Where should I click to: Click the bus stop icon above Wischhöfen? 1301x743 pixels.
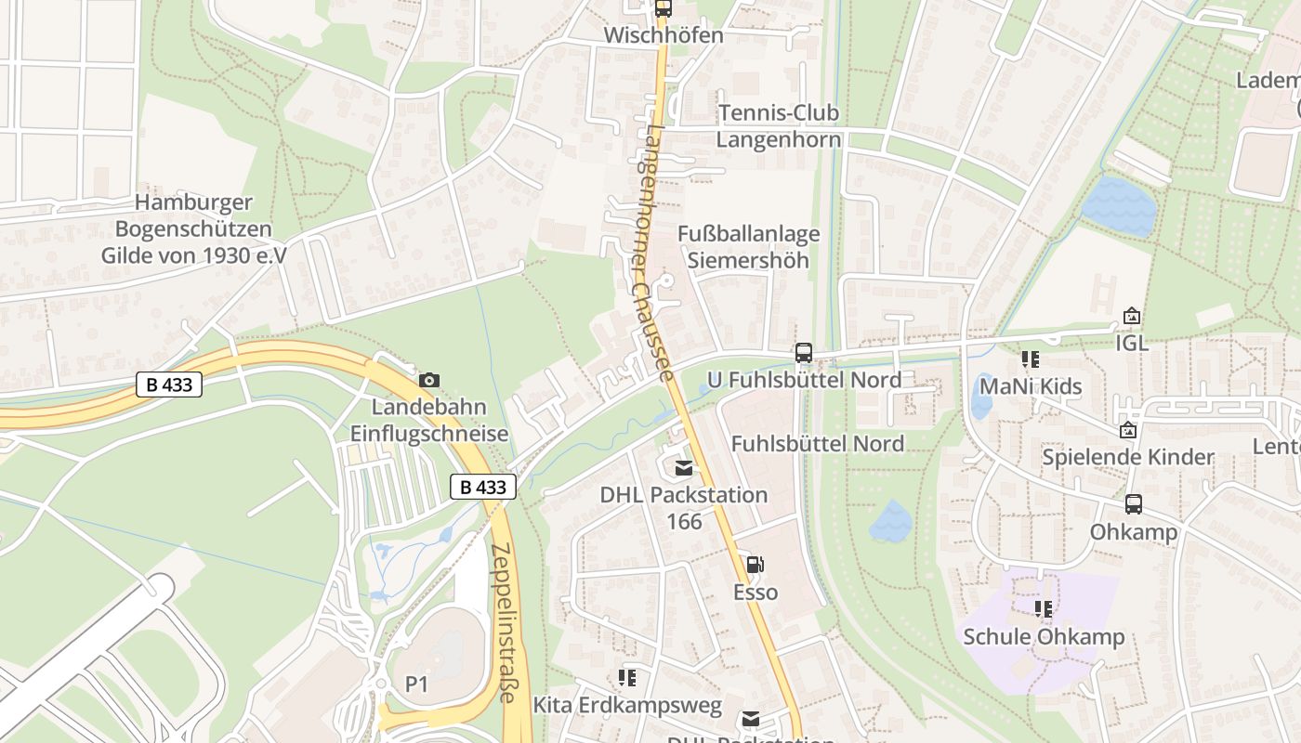coord(663,8)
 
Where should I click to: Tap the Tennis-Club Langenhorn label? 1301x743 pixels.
coord(778,126)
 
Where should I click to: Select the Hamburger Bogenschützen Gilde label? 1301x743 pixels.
coord(194,228)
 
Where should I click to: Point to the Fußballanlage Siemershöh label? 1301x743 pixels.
coord(748,246)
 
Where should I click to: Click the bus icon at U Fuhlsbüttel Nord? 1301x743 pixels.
coord(804,353)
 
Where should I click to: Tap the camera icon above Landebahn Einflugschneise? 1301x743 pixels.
coord(428,380)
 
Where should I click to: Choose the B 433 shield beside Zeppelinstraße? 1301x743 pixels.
coord(483,487)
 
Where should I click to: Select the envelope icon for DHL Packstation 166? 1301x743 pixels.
coord(684,468)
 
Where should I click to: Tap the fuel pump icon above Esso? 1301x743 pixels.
coord(756,565)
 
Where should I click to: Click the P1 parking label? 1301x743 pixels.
coord(416,684)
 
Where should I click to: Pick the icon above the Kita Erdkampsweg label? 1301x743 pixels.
coord(627,679)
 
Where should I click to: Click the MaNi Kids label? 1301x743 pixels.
coord(1031,385)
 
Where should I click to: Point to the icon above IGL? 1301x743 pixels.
coord(1131,316)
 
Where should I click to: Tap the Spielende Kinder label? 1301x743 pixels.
coord(1127,457)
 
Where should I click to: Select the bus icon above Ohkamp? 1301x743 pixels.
coord(1134,504)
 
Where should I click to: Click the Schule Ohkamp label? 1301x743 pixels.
coord(1044,637)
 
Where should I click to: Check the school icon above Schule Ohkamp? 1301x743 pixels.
coord(1044,609)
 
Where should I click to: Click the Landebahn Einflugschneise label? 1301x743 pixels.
coord(428,420)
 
